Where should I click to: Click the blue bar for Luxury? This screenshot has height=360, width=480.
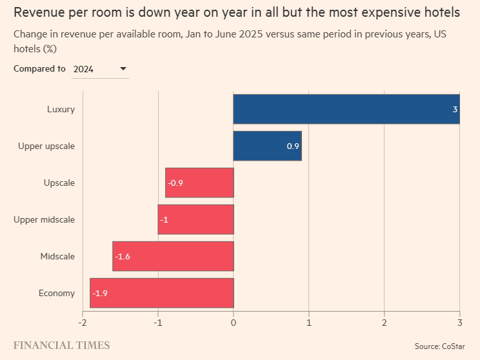click(x=346, y=109)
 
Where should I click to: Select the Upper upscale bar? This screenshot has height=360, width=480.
click(x=267, y=146)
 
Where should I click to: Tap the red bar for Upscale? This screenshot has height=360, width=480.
click(x=199, y=183)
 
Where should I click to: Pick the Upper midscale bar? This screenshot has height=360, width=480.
click(x=195, y=219)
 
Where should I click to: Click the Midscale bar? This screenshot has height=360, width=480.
click(x=173, y=256)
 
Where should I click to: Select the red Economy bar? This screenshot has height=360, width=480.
click(x=161, y=293)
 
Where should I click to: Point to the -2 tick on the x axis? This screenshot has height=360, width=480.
click(x=83, y=322)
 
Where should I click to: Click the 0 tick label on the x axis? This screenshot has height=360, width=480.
click(x=234, y=322)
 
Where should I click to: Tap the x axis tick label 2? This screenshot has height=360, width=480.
click(x=385, y=322)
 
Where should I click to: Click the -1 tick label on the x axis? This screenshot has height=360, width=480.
click(x=158, y=322)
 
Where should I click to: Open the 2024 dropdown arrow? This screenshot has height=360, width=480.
click(x=123, y=68)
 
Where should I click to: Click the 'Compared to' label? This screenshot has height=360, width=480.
click(x=39, y=68)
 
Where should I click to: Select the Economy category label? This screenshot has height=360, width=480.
click(x=57, y=293)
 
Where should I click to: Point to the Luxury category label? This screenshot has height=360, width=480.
click(x=61, y=109)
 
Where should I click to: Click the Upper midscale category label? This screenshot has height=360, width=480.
click(x=44, y=219)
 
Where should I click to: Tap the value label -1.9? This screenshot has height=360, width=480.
click(x=100, y=294)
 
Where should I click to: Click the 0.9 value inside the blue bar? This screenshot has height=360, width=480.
click(x=293, y=146)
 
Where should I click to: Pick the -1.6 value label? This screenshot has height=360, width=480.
click(x=123, y=257)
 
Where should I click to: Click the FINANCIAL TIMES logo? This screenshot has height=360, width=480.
click(x=61, y=345)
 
